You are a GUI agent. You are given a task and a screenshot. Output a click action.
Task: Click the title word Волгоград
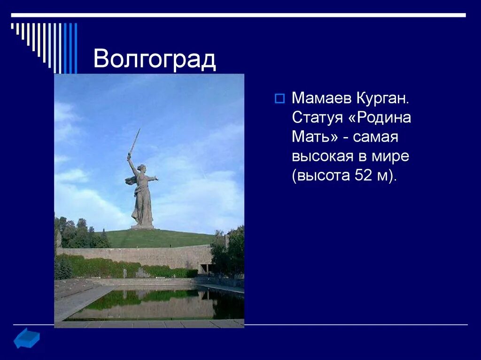[155, 60]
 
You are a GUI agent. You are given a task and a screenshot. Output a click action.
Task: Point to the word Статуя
[318, 117]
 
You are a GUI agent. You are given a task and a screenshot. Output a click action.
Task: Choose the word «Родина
[380, 117]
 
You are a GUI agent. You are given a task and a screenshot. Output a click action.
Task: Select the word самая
[375, 137]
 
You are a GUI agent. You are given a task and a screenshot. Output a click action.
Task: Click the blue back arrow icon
[26, 338]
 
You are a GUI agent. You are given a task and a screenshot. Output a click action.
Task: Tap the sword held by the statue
[134, 141]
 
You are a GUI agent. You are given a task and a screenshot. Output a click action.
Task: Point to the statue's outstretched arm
[152, 178]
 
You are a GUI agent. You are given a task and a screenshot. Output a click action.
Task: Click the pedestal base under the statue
[142, 227]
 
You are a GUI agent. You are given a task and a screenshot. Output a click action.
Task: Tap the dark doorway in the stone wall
[205, 268]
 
